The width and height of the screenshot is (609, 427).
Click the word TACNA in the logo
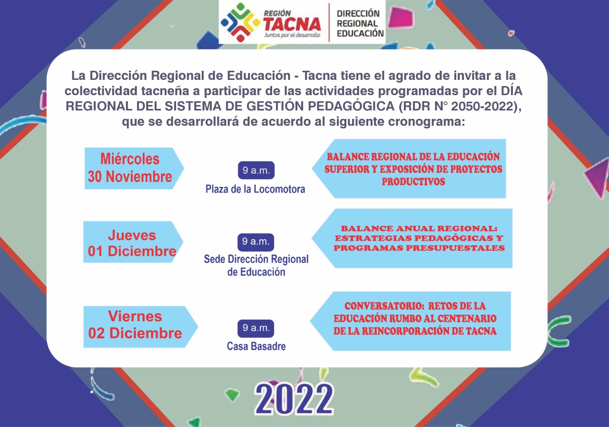tap(292, 24)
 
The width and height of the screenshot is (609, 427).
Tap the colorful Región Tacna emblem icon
tap(240, 22)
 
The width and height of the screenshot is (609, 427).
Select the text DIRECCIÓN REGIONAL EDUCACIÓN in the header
tap(360, 23)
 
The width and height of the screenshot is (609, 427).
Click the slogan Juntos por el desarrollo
tap(292, 35)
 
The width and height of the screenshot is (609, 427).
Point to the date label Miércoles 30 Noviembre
tap(130, 168)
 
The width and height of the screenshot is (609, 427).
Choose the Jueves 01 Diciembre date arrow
tap(133, 242)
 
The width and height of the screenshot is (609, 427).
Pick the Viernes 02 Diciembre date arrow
tap(140, 327)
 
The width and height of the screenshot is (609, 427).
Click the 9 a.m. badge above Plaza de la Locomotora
tap(256, 170)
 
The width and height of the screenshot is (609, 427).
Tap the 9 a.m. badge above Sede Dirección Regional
tap(256, 242)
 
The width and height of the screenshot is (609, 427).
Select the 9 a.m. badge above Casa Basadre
tap(256, 329)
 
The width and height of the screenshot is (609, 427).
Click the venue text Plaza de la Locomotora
tap(255, 189)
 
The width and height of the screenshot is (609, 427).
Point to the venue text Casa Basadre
tap(256, 346)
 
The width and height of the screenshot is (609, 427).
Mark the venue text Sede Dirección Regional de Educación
tap(256, 265)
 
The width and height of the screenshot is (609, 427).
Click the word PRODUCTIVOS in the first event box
tap(413, 182)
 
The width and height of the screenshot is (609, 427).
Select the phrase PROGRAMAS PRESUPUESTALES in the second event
tap(419, 248)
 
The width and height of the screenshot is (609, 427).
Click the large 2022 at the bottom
tap(294, 399)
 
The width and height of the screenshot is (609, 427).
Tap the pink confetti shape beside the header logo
tap(401, 17)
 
